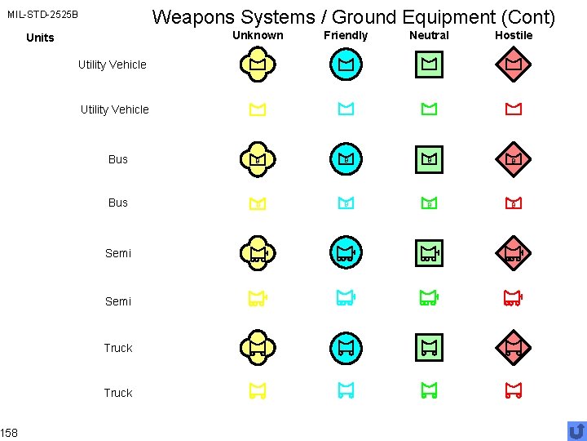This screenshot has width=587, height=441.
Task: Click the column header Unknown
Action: pos(258,35)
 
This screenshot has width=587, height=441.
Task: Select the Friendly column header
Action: pos(346,35)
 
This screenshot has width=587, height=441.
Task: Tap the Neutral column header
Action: pos(429,35)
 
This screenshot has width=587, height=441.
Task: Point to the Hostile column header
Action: pos(514,35)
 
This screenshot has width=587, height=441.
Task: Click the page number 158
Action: pos(10,432)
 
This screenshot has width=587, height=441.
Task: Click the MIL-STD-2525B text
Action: pos(43,15)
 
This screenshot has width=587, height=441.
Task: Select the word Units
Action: pos(40,38)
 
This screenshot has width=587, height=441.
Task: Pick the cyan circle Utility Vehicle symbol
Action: pos(346,64)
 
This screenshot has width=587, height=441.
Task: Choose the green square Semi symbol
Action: pos(429,253)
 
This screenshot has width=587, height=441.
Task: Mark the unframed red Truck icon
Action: pos(513,392)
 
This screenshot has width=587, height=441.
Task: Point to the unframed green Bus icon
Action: pos(429,203)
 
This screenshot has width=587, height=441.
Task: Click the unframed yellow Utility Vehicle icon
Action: pos(258,109)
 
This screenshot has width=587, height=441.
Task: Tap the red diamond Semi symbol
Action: pos(513,253)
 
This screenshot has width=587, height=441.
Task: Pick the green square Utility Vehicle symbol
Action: pos(429,64)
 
